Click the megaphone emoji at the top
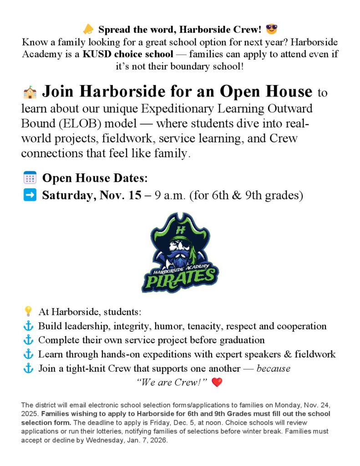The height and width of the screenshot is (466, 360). tap(88, 30)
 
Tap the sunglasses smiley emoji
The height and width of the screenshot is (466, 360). tap(272, 30)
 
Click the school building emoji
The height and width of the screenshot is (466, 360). tap(30, 92)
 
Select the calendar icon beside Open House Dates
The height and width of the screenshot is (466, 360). tap(29, 177)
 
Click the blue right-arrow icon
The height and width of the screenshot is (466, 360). tap(29, 195)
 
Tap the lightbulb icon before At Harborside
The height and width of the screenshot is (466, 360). tap(28, 312)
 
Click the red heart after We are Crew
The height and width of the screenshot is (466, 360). tap(217, 383)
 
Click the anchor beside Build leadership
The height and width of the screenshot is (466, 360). tap(28, 326)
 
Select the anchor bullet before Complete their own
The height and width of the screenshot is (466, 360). tap(28, 340)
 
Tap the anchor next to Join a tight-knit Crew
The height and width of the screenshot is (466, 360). tap(28, 368)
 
